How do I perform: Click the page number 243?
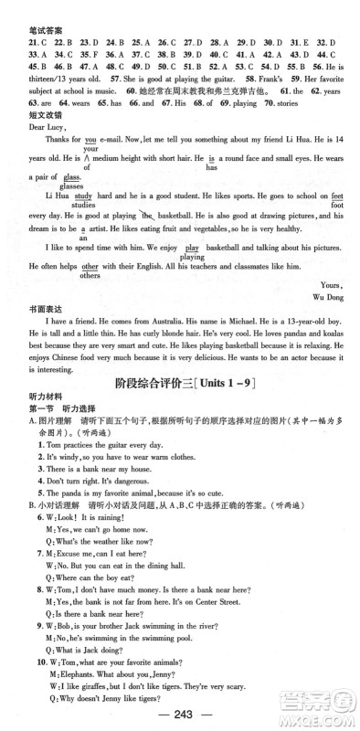(x=180, y=715)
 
